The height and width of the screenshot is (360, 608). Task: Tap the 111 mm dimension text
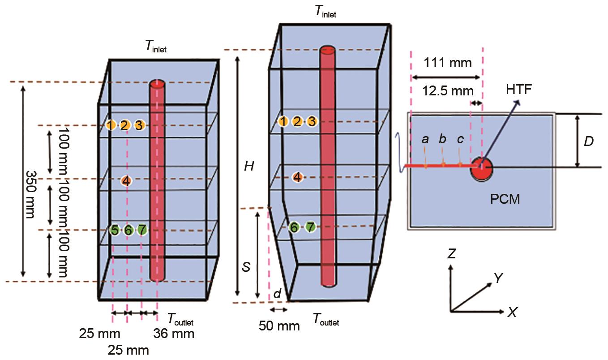click(x=447, y=63)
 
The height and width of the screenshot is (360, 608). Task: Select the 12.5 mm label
click(x=448, y=91)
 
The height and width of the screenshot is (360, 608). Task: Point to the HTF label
click(x=520, y=90)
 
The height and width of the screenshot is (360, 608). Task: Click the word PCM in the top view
click(x=505, y=198)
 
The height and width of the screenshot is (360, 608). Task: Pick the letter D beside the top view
click(x=589, y=141)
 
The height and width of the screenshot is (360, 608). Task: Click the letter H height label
click(x=249, y=167)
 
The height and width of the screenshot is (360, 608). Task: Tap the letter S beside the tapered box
click(x=246, y=267)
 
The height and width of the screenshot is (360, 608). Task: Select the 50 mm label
click(x=279, y=326)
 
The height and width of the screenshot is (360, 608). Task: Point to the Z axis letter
click(x=451, y=254)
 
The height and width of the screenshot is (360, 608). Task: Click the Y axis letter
click(x=498, y=279)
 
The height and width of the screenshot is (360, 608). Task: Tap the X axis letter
click(x=512, y=313)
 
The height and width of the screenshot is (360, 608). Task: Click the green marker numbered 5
click(x=115, y=230)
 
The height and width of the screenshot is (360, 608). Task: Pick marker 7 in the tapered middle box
click(x=310, y=227)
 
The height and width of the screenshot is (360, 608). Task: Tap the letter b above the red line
click(x=442, y=139)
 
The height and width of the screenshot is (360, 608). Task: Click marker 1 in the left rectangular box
click(x=111, y=125)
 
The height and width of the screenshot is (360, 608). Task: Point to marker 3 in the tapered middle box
click(x=312, y=121)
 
